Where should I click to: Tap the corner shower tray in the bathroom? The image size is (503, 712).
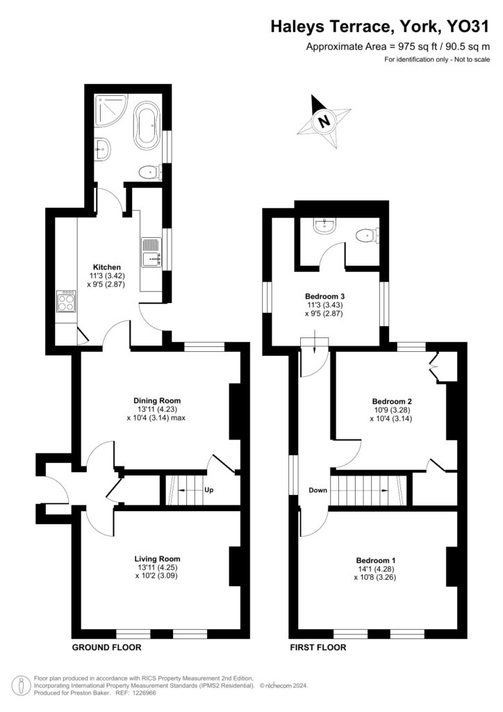pyautogui.click(x=110, y=111)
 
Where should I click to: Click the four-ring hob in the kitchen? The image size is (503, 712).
pyautogui.click(x=66, y=302)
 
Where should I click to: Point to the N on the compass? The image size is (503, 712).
pyautogui.click(x=323, y=122)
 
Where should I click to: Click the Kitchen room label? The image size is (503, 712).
pyautogui.click(x=107, y=267)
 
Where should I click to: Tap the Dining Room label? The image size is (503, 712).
pyautogui.click(x=157, y=400)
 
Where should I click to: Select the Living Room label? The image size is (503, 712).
pyautogui.click(x=157, y=558)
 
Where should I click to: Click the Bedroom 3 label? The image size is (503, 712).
pyautogui.click(x=324, y=296)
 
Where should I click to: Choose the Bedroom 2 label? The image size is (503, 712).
pyautogui.click(x=392, y=401)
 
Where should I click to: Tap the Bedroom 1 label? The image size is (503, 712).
pyautogui.click(x=376, y=560)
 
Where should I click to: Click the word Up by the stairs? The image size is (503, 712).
pyautogui.click(x=208, y=490)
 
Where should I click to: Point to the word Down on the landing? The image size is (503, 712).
pyautogui.click(x=318, y=490)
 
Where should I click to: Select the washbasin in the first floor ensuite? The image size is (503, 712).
pyautogui.click(x=324, y=226)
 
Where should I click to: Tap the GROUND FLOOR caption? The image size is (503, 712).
pyautogui.click(x=106, y=647)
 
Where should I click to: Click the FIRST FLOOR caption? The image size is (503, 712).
pyautogui.click(x=318, y=647)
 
